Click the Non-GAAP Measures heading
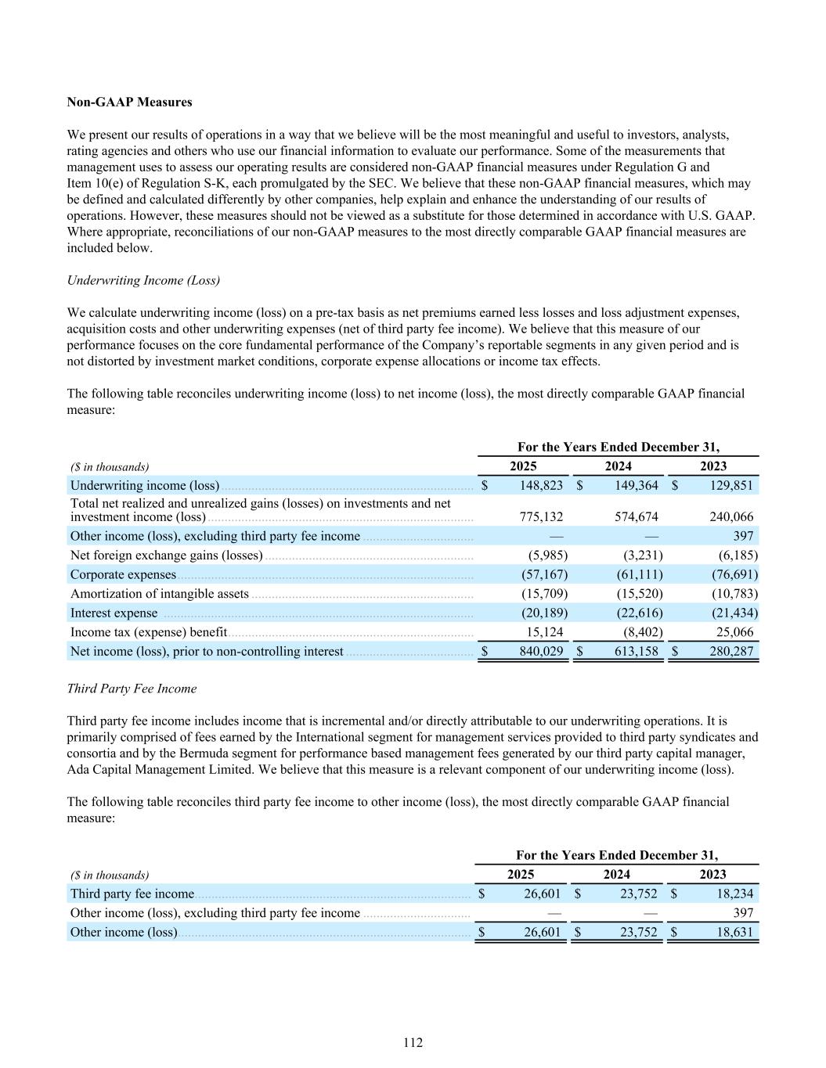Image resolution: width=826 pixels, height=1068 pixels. [129, 102]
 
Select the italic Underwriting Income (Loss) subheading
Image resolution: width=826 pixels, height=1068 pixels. [143, 280]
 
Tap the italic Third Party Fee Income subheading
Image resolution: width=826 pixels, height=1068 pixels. [132, 689]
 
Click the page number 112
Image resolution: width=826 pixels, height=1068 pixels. [413, 1042]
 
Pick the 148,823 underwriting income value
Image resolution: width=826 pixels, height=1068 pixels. [541, 485]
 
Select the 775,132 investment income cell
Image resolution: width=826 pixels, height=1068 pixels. [541, 516]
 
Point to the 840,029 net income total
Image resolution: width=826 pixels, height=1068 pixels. [541, 651]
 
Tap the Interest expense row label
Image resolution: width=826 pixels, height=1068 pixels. [114, 613]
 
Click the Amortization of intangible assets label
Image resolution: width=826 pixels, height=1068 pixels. [159, 594]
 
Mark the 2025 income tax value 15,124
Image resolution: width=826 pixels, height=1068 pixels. [543, 631]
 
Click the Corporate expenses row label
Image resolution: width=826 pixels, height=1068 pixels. [123, 574]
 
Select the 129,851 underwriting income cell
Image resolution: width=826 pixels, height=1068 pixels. [731, 485]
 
